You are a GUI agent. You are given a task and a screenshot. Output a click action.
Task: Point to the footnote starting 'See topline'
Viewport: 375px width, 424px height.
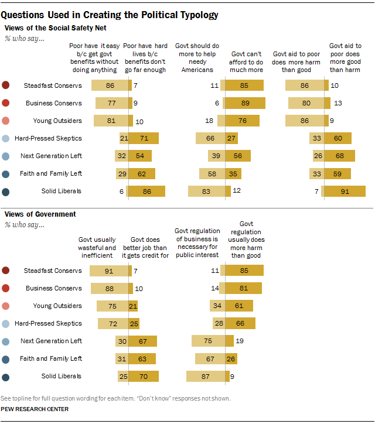click(117, 398)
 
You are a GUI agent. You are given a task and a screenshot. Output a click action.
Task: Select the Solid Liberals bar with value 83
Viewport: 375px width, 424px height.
click(206, 192)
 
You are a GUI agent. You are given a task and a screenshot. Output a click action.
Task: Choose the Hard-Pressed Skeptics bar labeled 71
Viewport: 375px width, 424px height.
click(141, 138)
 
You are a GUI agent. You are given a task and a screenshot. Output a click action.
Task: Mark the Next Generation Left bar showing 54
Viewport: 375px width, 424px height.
click(138, 156)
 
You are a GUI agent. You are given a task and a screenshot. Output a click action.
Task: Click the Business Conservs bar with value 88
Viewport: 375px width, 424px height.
click(110, 288)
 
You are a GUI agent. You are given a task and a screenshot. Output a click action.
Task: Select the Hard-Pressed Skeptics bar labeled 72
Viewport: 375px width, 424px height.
click(114, 323)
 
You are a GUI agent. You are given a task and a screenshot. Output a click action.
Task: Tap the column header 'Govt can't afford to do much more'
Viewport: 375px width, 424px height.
click(242, 61)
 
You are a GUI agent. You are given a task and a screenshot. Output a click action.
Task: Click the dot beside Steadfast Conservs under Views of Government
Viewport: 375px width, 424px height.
click(6, 271)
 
